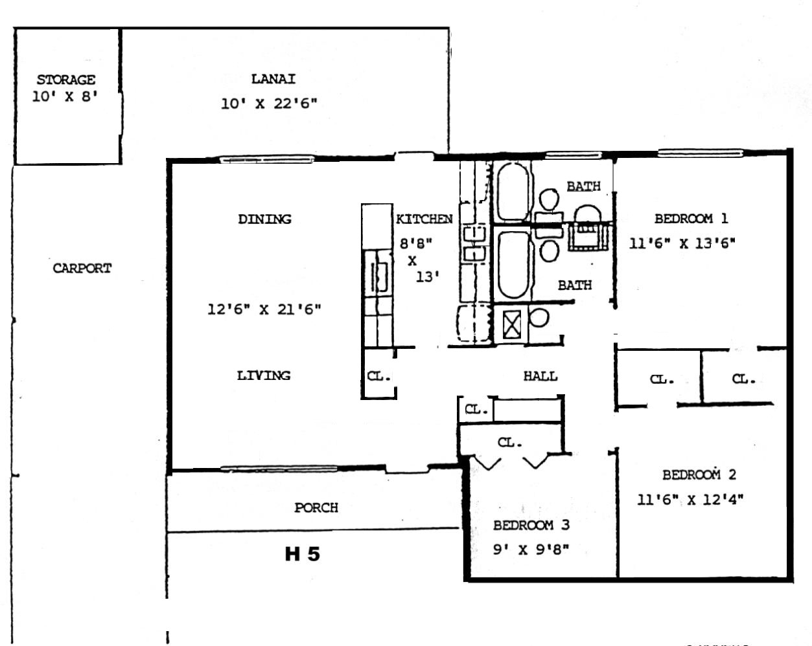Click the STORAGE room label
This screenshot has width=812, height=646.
click(x=66, y=80)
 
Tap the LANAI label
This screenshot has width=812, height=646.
click(x=273, y=79)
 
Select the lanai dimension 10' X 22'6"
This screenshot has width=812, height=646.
click(x=269, y=104)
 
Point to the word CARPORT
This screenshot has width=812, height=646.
click(x=82, y=269)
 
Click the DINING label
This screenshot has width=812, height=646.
click(x=265, y=219)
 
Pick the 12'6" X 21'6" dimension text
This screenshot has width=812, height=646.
click(x=264, y=309)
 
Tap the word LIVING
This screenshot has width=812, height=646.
click(x=264, y=375)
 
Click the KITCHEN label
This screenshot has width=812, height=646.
click(x=424, y=219)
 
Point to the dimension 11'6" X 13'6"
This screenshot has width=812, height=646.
click(x=682, y=243)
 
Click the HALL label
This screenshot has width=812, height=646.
click(x=540, y=376)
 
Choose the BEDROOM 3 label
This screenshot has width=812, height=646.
click(x=531, y=526)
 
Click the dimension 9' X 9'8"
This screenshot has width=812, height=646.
click(x=531, y=550)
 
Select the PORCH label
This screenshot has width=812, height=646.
click(x=316, y=507)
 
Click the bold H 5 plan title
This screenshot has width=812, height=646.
click(x=303, y=554)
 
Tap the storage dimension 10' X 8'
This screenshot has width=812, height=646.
click(x=65, y=97)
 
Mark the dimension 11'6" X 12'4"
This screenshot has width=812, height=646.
click(x=691, y=500)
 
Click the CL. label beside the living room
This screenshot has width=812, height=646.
click(x=378, y=376)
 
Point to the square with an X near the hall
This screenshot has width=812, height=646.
click(x=512, y=325)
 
